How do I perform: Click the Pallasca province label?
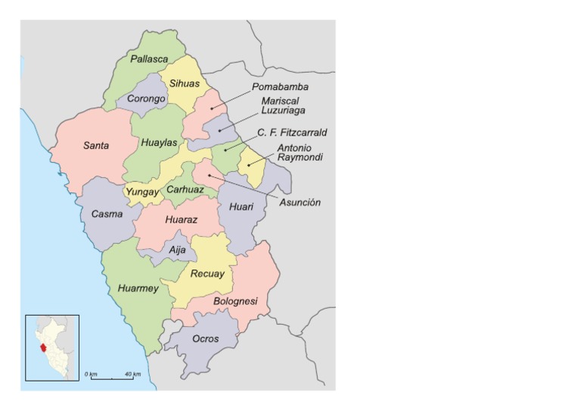click(x=149, y=59)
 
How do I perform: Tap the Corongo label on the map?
click(x=146, y=99)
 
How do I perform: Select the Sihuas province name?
click(x=184, y=84)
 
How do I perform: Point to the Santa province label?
click(x=96, y=145)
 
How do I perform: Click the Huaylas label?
click(x=159, y=142)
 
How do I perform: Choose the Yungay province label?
click(x=142, y=192)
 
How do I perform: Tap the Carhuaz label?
click(x=185, y=190)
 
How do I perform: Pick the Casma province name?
click(x=107, y=214)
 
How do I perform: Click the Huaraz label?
click(x=182, y=220)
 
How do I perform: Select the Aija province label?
click(x=177, y=250)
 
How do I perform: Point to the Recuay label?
click(x=207, y=274)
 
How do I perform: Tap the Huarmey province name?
click(x=138, y=288)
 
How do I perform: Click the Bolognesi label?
click(x=235, y=301)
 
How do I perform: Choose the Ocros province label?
click(x=206, y=339)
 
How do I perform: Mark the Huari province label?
click(x=242, y=206)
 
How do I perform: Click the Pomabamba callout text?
click(x=280, y=87)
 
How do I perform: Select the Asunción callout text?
click(x=300, y=203)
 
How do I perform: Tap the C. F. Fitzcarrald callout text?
click(x=292, y=132)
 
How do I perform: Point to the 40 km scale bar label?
click(x=132, y=375)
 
